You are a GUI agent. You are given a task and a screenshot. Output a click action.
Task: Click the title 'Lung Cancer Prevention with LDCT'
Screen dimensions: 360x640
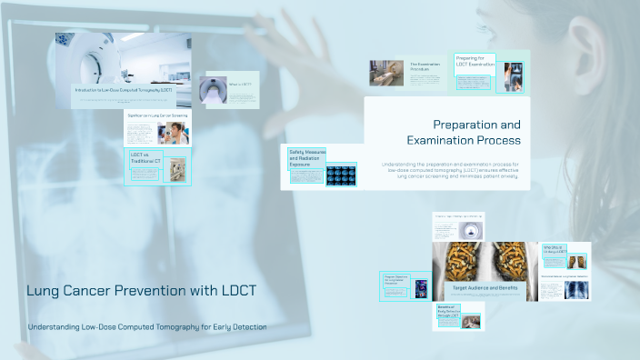(141, 291)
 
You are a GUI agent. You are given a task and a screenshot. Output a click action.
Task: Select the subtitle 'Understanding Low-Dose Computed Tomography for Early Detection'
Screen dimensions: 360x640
(147, 327)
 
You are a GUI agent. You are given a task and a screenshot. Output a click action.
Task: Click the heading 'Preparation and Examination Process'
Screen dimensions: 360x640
(476, 133)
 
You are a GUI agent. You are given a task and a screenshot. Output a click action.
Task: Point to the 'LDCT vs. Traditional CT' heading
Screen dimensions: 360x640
(145, 158)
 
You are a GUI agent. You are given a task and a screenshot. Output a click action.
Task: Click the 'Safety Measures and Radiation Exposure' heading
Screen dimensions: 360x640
(306, 158)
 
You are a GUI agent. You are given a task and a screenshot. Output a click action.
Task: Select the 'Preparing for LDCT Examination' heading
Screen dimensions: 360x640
(475, 62)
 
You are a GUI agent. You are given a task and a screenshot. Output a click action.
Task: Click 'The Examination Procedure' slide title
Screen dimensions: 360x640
(425, 67)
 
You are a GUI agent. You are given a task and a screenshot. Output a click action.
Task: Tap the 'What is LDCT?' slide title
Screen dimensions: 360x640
(241, 85)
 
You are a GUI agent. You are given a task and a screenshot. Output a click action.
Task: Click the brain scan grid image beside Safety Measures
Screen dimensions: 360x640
(341, 175)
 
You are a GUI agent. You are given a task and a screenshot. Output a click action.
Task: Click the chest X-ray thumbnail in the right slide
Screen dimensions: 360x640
(575, 290)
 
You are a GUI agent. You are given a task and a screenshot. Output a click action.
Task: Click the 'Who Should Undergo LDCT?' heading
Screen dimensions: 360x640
(555, 250)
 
